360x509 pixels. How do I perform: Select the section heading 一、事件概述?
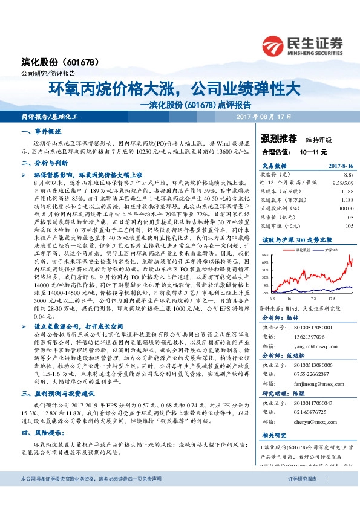coord(42,131)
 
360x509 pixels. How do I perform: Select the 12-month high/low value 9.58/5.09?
coord(343,181)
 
